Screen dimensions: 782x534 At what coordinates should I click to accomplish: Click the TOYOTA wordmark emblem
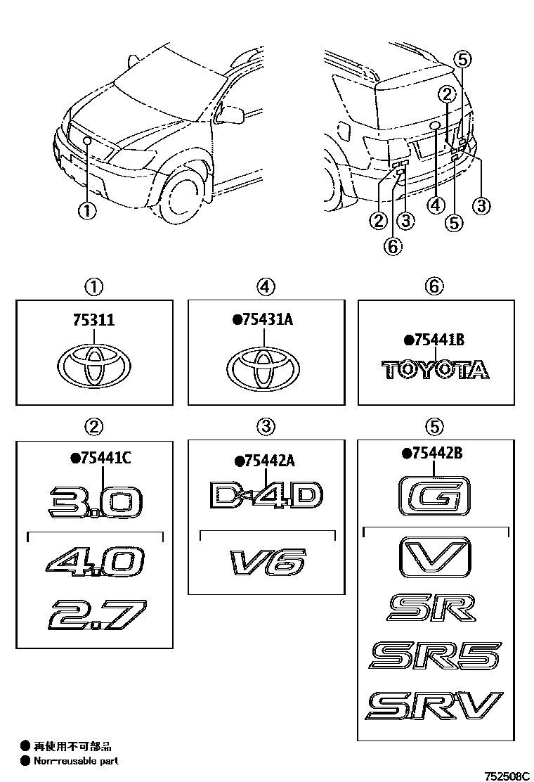(x=435, y=370)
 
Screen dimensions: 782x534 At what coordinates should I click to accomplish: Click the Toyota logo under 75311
(x=95, y=366)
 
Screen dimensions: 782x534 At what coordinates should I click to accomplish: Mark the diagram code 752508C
(x=506, y=776)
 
